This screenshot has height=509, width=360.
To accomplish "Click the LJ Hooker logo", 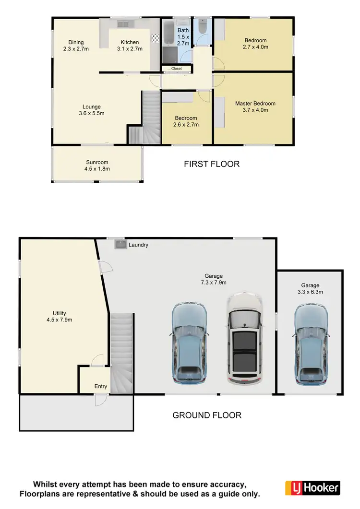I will point(312,488).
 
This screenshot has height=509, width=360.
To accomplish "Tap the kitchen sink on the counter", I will point(123,24).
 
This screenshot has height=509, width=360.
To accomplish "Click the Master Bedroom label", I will point(255,104).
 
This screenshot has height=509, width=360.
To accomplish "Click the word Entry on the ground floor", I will point(101,386).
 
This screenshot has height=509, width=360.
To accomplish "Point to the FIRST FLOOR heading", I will point(212,164).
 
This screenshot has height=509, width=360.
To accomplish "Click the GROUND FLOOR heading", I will point(207,415).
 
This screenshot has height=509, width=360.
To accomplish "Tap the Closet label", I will point(176,69).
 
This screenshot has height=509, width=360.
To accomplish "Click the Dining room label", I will point(76,42).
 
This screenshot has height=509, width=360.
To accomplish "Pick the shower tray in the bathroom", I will point(169,56).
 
